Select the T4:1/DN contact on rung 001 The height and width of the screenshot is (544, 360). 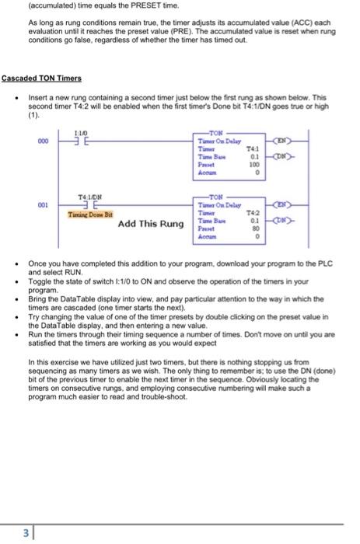[x=86, y=204]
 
